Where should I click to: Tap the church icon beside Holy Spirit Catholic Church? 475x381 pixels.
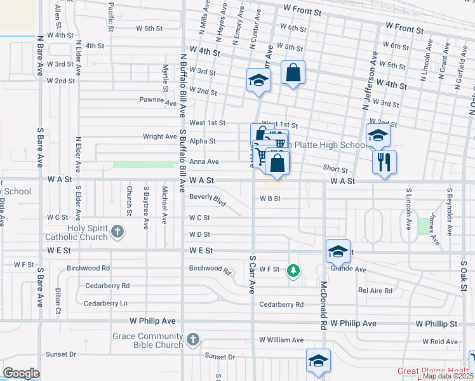click(x=117, y=233)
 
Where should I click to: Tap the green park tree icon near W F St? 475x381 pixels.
click(x=293, y=271)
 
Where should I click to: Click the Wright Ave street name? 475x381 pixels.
click(x=160, y=137)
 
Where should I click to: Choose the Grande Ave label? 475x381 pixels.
click(x=353, y=269)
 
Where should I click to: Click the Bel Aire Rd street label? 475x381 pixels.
click(x=375, y=291)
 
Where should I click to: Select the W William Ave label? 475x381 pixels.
click(x=281, y=340)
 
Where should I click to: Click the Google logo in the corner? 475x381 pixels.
click(x=21, y=373)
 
